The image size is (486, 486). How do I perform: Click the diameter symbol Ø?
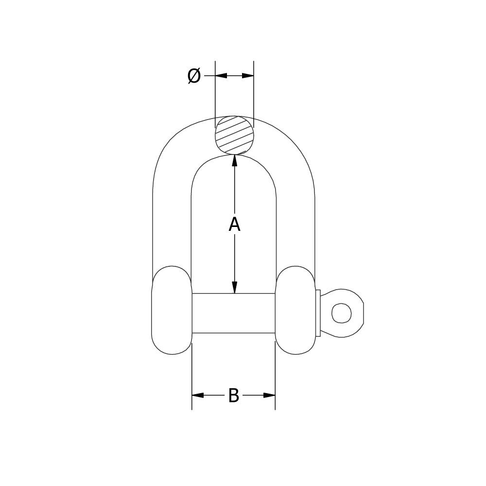(194, 76)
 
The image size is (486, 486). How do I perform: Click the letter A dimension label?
(234, 225)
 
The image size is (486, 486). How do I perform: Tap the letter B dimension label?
(234, 396)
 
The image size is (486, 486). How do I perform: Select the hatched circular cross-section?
(235, 135)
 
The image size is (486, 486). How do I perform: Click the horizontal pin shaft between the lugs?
(234, 313)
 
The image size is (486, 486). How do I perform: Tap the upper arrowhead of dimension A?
(235, 160)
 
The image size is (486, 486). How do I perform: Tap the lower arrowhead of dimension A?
(235, 288)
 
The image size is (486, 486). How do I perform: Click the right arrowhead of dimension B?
(270, 396)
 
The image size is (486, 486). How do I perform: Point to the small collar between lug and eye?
(318, 313)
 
